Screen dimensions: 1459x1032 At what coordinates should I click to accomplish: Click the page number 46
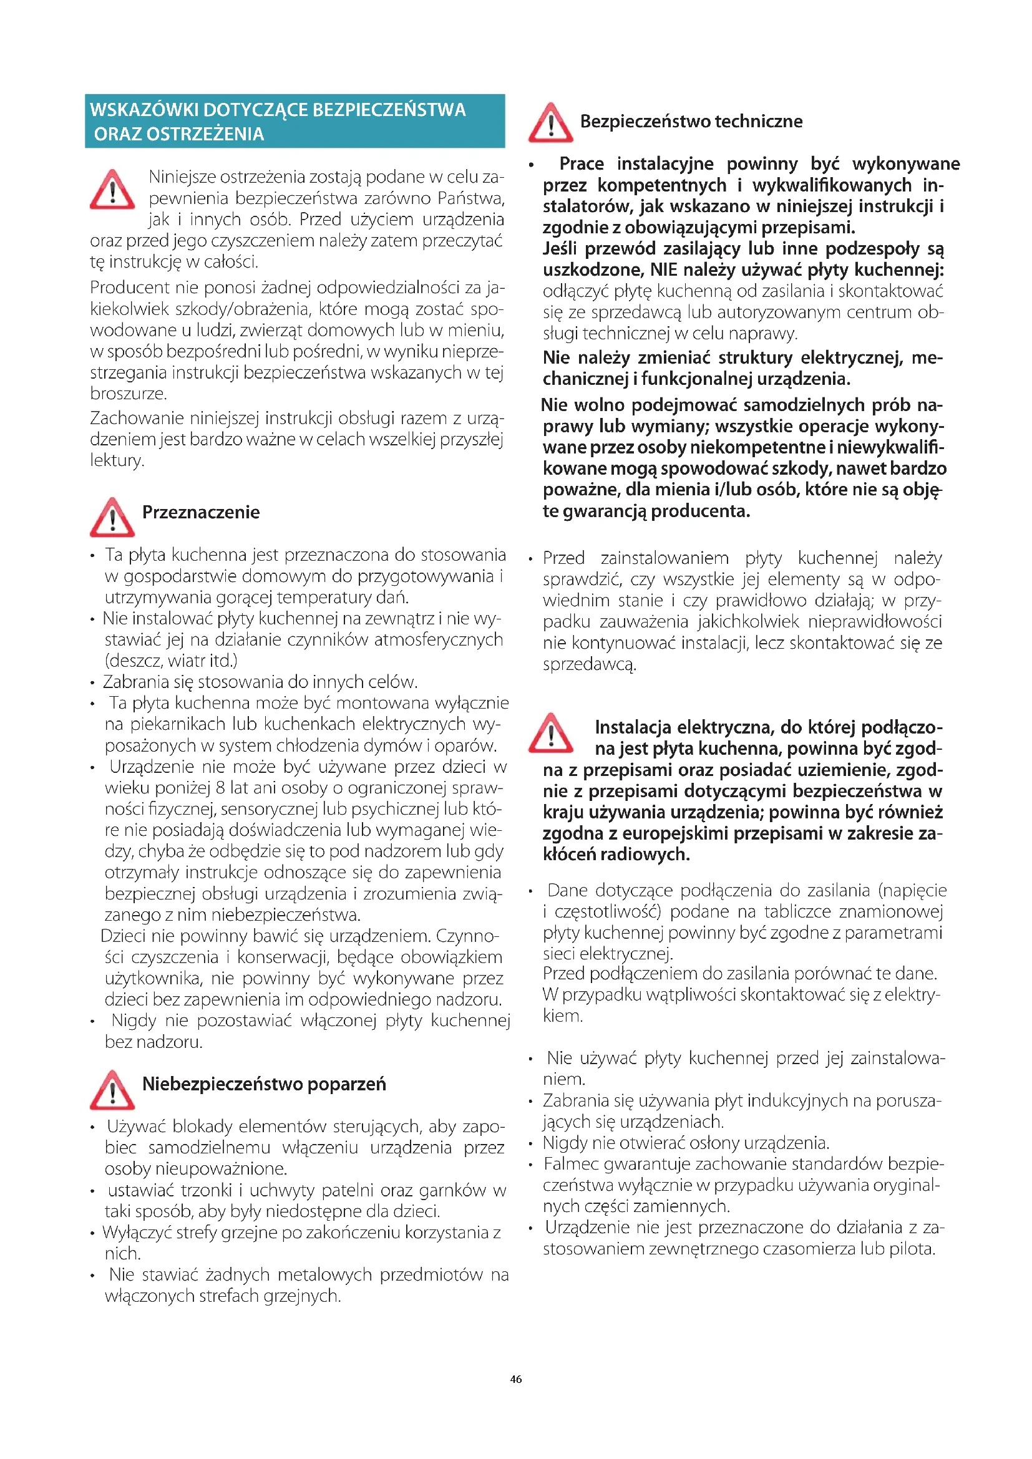(515, 1379)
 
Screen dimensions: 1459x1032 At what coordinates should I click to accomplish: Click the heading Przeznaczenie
(201, 512)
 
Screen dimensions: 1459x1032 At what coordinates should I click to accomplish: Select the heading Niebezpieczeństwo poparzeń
(264, 1083)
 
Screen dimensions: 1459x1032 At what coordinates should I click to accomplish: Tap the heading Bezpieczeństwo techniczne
(691, 122)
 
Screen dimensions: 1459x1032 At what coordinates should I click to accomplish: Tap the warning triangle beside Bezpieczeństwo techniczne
(550, 123)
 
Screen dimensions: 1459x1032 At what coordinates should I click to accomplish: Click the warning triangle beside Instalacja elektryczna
(550, 734)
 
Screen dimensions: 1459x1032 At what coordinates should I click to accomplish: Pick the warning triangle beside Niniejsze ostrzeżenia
(112, 190)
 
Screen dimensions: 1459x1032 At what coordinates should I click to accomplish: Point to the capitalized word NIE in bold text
(663, 270)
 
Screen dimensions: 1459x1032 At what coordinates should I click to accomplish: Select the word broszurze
(129, 394)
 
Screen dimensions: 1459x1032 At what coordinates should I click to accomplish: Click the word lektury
(116, 460)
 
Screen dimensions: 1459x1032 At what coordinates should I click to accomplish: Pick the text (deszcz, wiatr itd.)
(171, 661)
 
